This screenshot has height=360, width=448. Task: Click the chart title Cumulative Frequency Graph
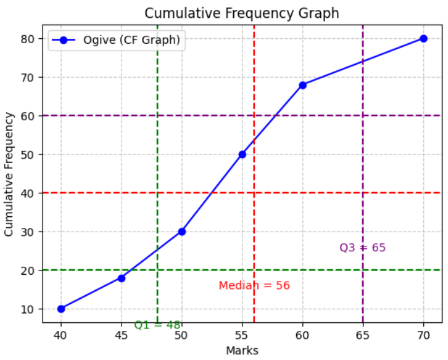coord(241,13)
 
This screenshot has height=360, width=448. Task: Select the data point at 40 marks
coord(60,309)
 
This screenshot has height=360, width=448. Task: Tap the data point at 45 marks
coord(122,278)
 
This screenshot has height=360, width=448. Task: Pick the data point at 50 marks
coord(181,232)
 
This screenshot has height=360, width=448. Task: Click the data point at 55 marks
coord(242,154)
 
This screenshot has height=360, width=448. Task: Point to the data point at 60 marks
coord(302,85)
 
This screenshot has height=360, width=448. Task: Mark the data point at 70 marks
coord(423,38)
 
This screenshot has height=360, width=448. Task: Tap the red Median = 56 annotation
coord(254,285)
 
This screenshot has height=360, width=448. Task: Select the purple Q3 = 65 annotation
coord(362,248)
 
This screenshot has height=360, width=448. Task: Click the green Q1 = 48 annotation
coord(157,325)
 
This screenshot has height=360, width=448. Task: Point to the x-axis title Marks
coord(242,351)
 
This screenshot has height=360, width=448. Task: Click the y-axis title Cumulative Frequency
coord(9,174)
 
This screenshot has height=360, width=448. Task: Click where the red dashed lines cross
coord(254,193)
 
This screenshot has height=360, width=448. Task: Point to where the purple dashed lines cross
coord(363,115)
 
